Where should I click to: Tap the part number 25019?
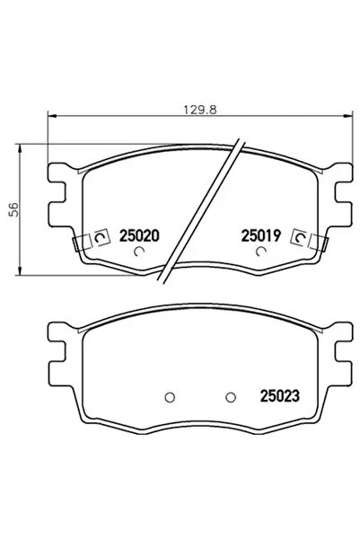point(261,235)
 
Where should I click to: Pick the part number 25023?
point(279,393)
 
